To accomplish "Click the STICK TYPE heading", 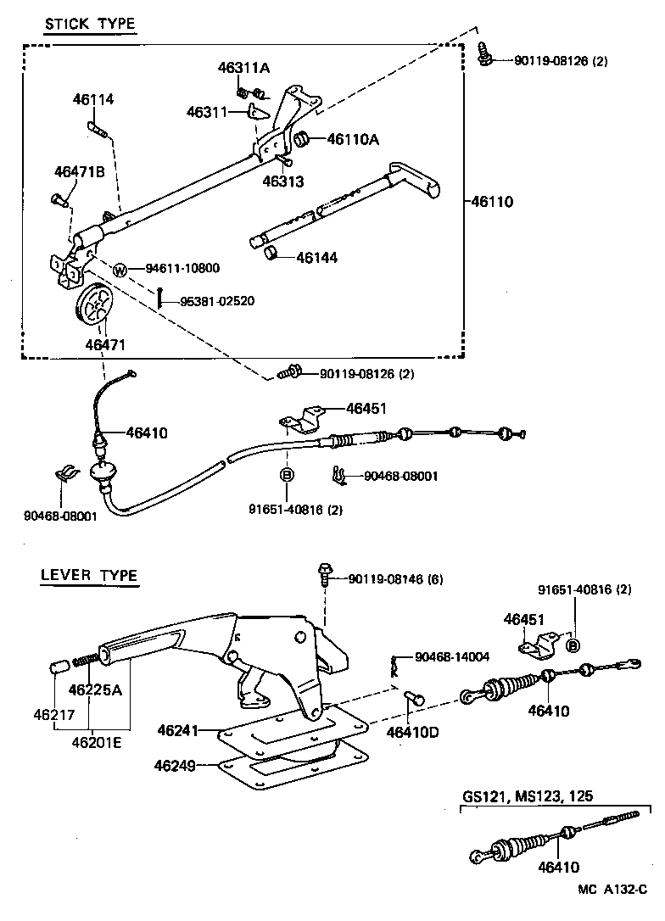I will pyautogui.click(x=89, y=24).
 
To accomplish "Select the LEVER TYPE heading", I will pyautogui.click(x=88, y=575).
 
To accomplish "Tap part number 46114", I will pyautogui.click(x=92, y=100).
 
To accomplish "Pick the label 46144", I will pyautogui.click(x=316, y=256).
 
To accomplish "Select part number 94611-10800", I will pyautogui.click(x=182, y=269).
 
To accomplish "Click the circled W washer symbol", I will pyautogui.click(x=120, y=270).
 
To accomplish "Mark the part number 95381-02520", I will pyautogui.click(x=216, y=301).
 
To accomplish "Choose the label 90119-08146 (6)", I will pyautogui.click(x=395, y=579).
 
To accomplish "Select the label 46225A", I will pyautogui.click(x=95, y=689).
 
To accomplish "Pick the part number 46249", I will pyautogui.click(x=176, y=766).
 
